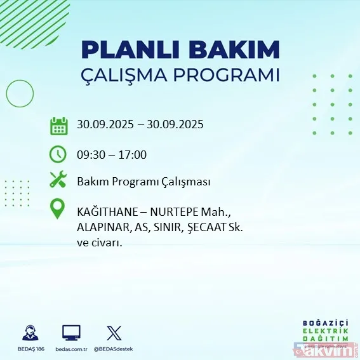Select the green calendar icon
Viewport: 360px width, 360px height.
tap(58, 125)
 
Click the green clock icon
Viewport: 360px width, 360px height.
tap(58, 154)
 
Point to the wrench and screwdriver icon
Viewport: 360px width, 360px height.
tap(58, 181)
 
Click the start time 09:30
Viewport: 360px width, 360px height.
tap(91, 154)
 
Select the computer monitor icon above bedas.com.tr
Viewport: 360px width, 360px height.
tap(71, 332)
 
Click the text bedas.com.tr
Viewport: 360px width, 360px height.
tap(71, 349)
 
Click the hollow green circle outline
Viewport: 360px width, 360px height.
tap(20, 95)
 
